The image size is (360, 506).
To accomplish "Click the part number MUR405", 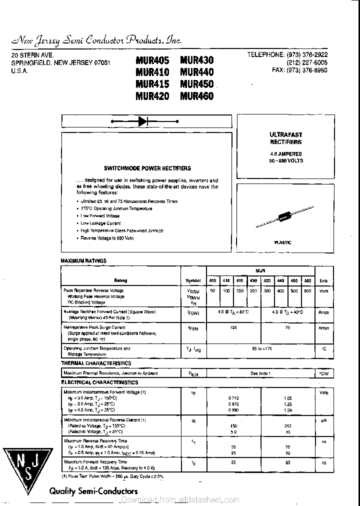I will coord(152,60).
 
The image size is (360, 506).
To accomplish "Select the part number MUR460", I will coord(196,96).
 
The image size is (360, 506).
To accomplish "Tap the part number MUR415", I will coord(152,84).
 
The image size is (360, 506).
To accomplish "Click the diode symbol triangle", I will coord(143,121).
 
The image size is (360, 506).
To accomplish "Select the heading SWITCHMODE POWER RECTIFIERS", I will coord(147,168).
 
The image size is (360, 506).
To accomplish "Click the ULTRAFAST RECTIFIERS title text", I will coord(286,138).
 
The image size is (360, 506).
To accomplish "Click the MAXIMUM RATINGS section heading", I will coord(83,261).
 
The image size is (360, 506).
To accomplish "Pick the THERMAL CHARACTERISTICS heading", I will coord(96,363).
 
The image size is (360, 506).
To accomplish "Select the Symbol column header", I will coord(193,280).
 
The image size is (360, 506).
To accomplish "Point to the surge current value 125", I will coord(233,327).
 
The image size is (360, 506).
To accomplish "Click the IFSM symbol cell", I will coord(193,328).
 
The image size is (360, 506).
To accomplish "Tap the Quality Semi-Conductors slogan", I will coord(93,491).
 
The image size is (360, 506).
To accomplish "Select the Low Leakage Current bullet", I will coord(100,223).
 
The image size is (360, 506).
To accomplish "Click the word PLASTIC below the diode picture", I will coord(283,242).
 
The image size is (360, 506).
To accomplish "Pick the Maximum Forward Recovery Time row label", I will coord(95,462).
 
